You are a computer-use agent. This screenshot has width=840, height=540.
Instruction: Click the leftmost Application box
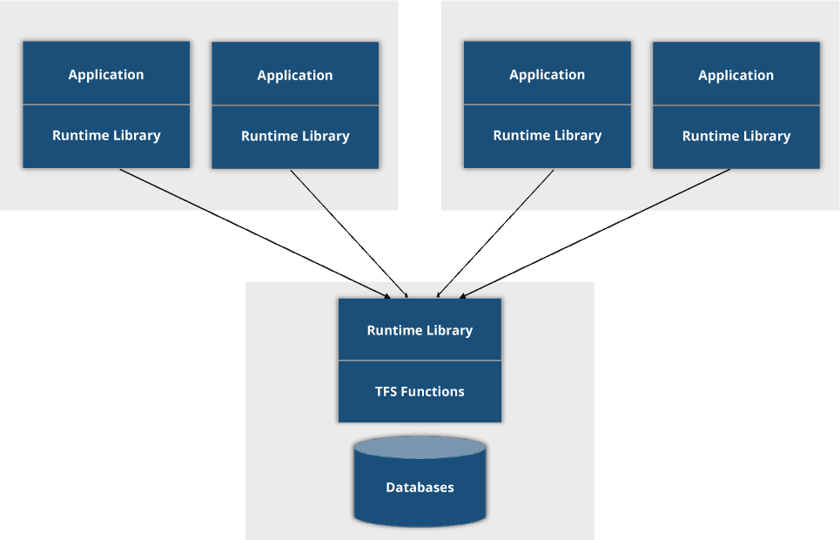[x=106, y=74]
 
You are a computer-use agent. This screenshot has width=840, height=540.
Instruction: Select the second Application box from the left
[x=295, y=75]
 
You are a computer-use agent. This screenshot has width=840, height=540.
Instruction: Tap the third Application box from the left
[x=547, y=74]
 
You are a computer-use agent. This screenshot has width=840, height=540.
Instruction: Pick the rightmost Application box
[x=736, y=75]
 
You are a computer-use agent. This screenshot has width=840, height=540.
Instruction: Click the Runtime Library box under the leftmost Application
[x=106, y=136]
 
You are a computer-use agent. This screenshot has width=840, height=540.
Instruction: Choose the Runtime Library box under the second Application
[x=295, y=137]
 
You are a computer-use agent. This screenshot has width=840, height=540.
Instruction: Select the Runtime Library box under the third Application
[x=547, y=136]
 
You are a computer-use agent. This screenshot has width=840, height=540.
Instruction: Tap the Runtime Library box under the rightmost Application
[x=736, y=137]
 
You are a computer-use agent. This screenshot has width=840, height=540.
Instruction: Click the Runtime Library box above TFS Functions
[x=420, y=330]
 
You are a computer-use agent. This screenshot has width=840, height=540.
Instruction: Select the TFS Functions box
[x=420, y=392]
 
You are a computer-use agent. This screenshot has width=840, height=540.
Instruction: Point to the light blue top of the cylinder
[x=420, y=448]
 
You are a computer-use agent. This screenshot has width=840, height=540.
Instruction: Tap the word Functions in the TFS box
[x=433, y=392]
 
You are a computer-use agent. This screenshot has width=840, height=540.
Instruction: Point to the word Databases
[x=420, y=488]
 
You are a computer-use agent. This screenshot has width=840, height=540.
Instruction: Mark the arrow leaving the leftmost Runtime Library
[x=252, y=233]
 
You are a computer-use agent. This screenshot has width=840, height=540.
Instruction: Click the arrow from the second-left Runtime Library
[x=347, y=233]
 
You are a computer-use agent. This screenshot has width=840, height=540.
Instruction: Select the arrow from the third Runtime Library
[x=495, y=233]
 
